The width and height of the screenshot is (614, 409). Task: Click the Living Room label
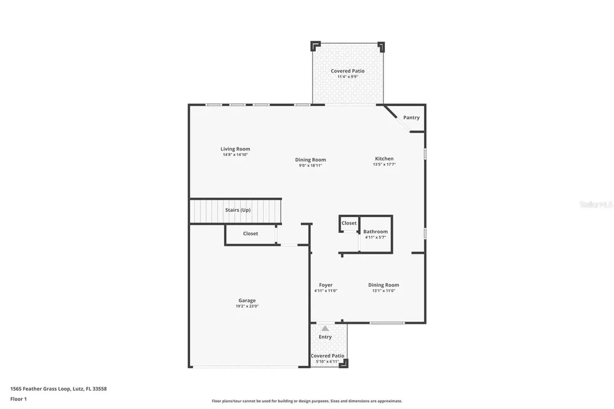(235, 149)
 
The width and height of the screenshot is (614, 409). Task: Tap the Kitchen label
(384, 159)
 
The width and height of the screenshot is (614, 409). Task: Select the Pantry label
(411, 118)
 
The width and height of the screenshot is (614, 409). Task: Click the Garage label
(246, 300)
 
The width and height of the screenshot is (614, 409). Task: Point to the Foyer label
(326, 285)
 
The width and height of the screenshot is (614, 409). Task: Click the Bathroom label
(375, 231)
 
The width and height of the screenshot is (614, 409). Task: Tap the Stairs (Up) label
(237, 210)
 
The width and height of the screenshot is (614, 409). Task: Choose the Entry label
(325, 337)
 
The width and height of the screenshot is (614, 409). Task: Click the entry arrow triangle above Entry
(325, 328)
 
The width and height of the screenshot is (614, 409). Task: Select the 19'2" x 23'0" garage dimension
(246, 306)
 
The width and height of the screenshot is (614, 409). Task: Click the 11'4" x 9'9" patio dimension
(347, 77)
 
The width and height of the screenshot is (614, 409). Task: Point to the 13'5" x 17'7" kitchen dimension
(384, 164)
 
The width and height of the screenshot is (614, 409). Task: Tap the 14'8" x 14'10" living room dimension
(235, 155)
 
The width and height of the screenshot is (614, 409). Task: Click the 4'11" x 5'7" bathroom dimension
(375, 237)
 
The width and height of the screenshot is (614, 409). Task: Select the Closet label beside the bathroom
(349, 223)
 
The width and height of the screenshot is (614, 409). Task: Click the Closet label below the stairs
(250, 233)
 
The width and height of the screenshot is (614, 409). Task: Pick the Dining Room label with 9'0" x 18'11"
(310, 160)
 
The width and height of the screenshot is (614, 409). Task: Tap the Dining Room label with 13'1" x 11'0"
(383, 285)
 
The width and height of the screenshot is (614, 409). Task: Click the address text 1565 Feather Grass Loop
(40, 389)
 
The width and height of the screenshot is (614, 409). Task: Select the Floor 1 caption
(19, 399)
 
